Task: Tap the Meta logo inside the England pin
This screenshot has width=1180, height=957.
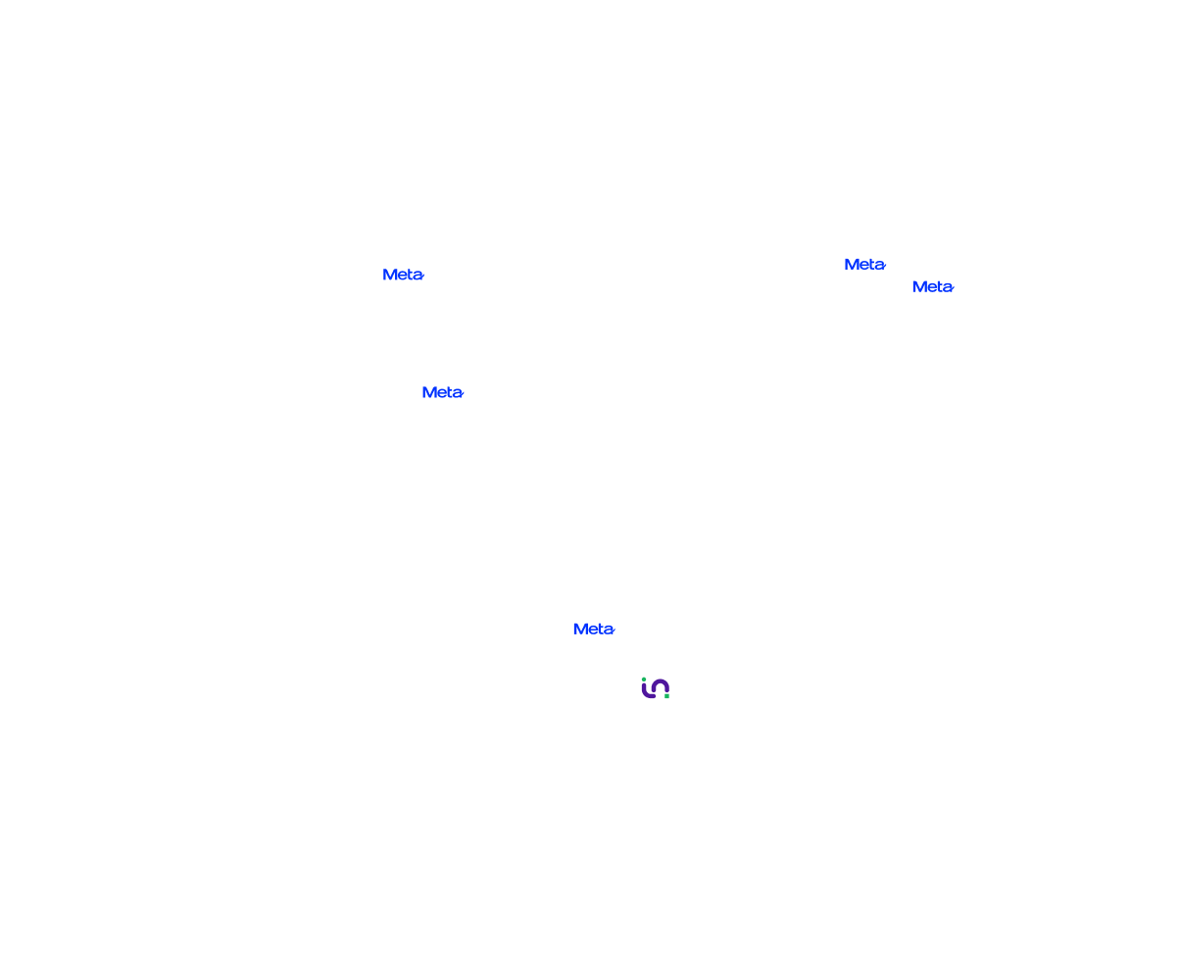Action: (864, 265)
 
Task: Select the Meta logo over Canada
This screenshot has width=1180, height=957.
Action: (402, 275)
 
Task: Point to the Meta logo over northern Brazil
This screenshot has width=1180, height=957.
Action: (593, 630)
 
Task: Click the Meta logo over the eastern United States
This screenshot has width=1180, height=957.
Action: (442, 392)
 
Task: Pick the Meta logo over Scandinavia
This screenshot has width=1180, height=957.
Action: (932, 286)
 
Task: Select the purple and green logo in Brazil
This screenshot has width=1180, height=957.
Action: (655, 688)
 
